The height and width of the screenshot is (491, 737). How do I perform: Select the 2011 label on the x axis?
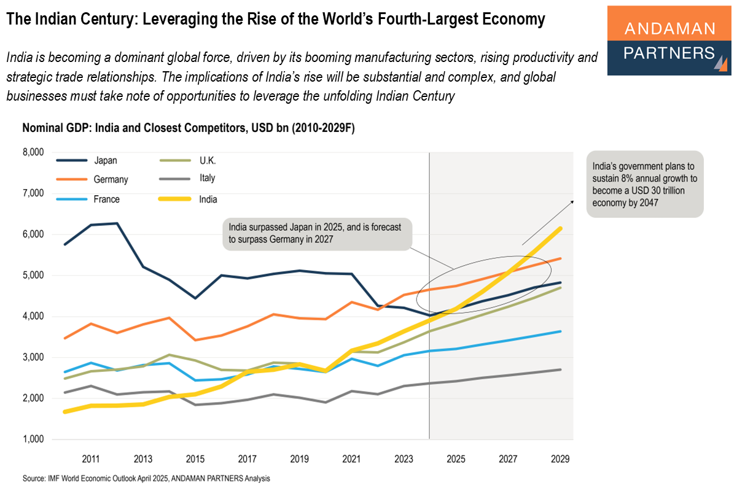pos(91,458)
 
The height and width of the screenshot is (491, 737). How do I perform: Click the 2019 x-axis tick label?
pos(298,458)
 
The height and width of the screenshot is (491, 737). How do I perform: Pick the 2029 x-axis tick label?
pos(560,458)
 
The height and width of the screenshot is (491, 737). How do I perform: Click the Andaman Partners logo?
pos(669,41)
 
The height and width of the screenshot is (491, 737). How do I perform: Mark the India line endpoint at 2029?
pos(560,228)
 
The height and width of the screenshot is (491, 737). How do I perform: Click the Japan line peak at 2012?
pos(117,223)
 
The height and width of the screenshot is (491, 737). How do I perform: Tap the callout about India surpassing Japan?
pos(317,233)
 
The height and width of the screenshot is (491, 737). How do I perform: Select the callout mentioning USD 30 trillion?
pos(644,184)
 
